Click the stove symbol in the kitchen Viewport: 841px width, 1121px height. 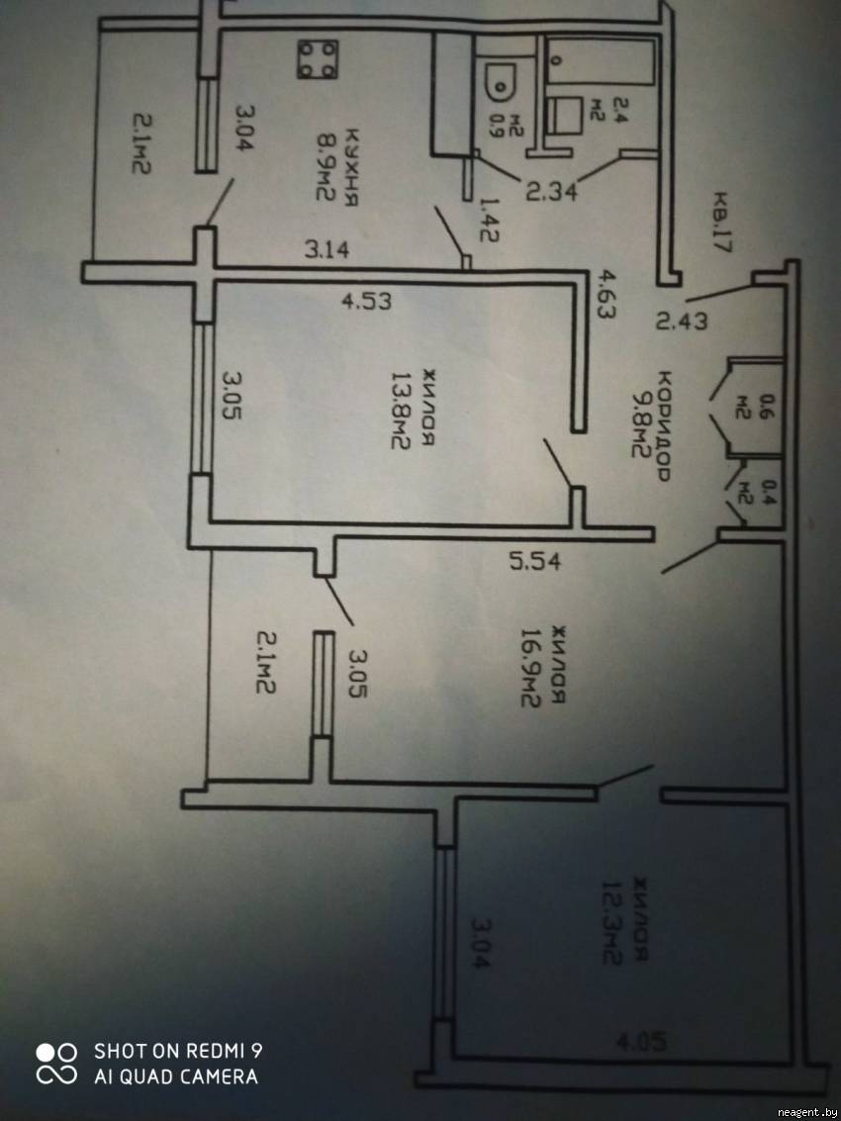[318, 58]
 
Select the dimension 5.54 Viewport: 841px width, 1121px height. [535, 561]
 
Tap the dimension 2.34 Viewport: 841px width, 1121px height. [552, 192]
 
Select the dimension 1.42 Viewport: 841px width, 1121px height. [487, 219]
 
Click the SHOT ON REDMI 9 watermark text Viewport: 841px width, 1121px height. [178, 1051]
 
